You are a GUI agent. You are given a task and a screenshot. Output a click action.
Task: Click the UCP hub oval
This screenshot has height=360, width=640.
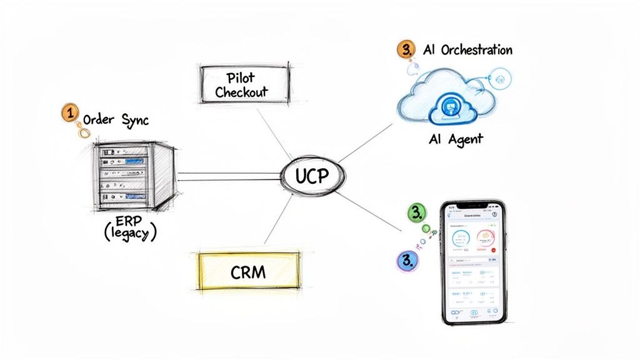coord(311,177)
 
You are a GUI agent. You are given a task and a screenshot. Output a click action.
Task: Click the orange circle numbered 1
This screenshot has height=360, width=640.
coord(70,114)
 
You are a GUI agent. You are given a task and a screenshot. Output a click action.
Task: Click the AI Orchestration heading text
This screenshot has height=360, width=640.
coord(467,50)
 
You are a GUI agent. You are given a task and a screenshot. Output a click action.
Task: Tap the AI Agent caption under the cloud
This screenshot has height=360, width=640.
coord(456,139)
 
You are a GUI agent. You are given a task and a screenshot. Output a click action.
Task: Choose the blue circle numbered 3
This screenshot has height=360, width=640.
coord(407,261)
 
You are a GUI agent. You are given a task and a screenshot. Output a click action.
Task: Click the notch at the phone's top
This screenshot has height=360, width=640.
coord(471,207)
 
